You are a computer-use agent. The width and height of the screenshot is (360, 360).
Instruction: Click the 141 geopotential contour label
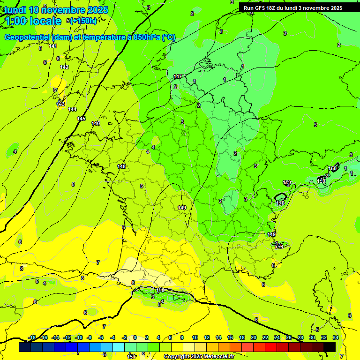[x=53, y=46]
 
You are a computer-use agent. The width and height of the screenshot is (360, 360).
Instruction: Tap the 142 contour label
[x=64, y=67]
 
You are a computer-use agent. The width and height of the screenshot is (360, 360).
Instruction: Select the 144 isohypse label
[x=72, y=109]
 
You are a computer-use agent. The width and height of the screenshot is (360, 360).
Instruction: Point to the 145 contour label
[x=81, y=119]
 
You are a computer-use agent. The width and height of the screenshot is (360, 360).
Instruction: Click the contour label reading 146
[x=96, y=123]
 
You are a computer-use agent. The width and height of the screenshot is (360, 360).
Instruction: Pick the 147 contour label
[x=178, y=76]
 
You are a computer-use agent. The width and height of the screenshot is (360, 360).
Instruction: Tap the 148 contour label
[x=121, y=166]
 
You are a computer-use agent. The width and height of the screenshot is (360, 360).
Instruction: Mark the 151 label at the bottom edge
[x=132, y=357]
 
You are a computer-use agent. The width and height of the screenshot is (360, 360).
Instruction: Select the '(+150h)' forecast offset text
[x=84, y=21]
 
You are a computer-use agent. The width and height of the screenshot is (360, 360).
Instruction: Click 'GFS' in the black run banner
[x=262, y=8]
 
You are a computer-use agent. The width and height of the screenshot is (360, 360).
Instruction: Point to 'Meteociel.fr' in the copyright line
[x=218, y=357]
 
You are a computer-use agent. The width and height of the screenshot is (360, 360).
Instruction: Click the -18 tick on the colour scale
[x=32, y=337]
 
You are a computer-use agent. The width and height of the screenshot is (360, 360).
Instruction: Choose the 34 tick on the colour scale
[x=336, y=337]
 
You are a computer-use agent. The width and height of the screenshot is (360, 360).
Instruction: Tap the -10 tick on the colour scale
[x=79, y=337]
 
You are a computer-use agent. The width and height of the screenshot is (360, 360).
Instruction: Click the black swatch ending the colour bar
[x=330, y=347]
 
